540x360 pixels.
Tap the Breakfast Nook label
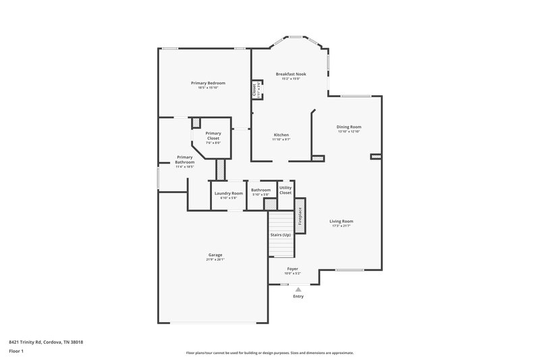(290, 74)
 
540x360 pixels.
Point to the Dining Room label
(349, 126)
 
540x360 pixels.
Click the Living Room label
(341, 221)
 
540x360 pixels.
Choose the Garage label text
(215, 255)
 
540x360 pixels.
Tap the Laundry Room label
(228, 193)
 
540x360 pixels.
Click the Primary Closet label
(213, 135)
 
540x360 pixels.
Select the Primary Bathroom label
(184, 159)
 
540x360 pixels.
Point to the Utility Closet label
(286, 190)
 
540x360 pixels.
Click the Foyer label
(292, 268)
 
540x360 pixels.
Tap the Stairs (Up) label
(280, 234)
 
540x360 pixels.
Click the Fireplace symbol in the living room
(300, 215)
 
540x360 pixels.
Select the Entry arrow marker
(298, 289)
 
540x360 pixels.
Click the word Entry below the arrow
(298, 297)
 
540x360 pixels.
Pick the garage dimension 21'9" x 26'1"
(215, 259)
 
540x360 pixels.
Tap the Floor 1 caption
(16, 352)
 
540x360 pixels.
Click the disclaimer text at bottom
(269, 353)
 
